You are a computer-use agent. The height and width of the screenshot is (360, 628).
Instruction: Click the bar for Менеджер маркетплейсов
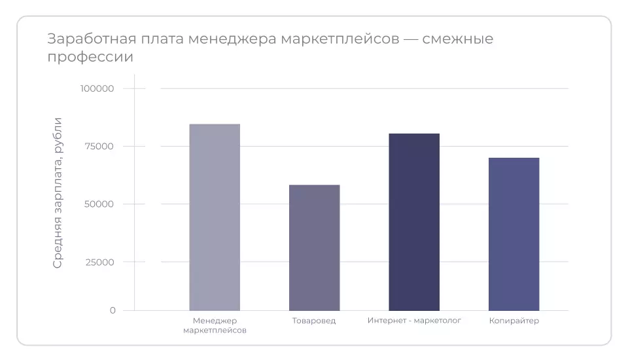point(215,217)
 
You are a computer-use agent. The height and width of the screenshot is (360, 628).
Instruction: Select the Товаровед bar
point(314,247)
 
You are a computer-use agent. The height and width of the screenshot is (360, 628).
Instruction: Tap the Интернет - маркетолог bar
point(414,222)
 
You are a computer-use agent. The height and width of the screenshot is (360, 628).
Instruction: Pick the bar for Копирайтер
point(514,234)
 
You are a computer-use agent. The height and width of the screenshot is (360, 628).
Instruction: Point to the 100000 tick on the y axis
point(97,89)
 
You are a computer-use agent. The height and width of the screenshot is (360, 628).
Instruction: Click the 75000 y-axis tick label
point(99,147)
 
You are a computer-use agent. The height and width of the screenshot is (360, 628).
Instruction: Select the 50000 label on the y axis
point(99,204)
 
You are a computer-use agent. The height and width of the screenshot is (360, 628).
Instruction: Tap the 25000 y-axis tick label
point(99,262)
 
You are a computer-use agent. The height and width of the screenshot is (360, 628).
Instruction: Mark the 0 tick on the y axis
point(113,310)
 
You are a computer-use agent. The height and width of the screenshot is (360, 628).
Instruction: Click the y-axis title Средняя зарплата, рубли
point(58,192)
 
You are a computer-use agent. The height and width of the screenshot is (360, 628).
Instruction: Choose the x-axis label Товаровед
point(314,321)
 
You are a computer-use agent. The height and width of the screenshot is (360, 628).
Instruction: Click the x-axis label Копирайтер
point(514,321)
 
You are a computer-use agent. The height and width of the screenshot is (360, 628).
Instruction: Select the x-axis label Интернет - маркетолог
point(414,321)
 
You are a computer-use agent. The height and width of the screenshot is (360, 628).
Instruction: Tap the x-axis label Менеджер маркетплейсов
point(215,325)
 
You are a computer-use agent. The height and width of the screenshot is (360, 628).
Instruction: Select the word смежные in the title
point(458,39)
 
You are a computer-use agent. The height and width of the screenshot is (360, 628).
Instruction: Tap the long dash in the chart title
point(410,39)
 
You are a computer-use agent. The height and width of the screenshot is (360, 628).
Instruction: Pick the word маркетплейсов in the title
point(340,39)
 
